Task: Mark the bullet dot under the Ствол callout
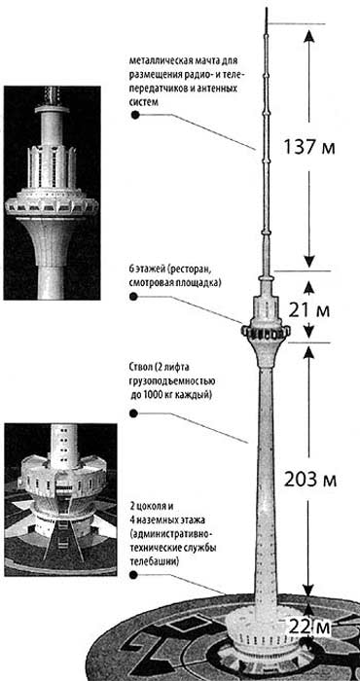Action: (x=133, y=412)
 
